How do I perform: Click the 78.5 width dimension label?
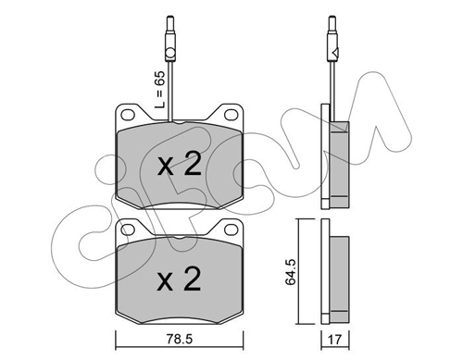(180, 340)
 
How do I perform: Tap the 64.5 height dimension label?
(291, 271)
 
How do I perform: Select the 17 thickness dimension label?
(334, 340)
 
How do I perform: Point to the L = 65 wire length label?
(160, 89)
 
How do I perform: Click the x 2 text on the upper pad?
(180, 165)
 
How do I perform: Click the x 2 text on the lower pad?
(180, 279)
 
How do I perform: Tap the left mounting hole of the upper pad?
(128, 115)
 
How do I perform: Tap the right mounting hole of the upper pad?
(231, 115)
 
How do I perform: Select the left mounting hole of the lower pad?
(128, 230)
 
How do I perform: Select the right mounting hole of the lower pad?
(231, 230)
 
